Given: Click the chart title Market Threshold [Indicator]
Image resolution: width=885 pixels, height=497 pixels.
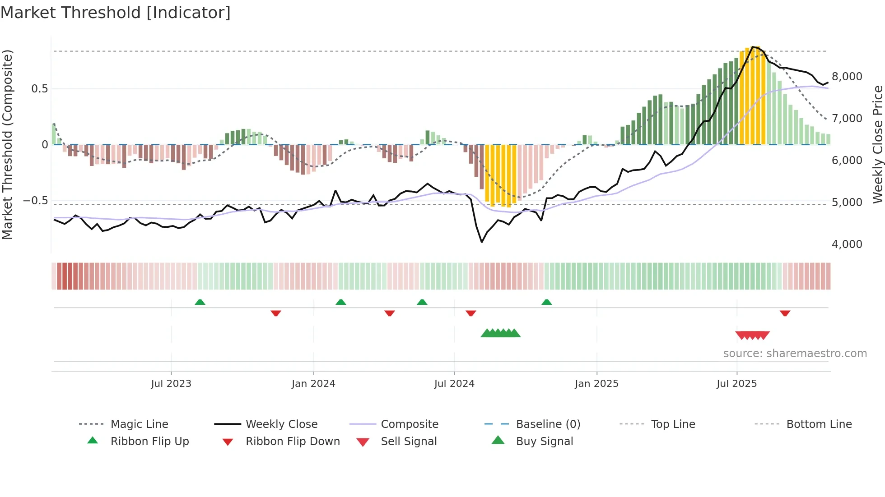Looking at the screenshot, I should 116,13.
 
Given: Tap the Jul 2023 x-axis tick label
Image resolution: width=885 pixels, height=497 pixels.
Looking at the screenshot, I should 171,384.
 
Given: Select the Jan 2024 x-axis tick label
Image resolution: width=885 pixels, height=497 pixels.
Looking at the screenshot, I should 313,384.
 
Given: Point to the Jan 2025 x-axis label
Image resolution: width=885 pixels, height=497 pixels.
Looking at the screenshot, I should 596,384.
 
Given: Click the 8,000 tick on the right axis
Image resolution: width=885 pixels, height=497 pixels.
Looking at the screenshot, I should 847,77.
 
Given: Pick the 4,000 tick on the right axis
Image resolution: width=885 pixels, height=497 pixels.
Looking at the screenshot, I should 847,244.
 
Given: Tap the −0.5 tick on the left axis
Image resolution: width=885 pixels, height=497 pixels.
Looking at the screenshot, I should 35,201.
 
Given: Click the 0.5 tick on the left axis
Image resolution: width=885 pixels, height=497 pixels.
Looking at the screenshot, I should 39,89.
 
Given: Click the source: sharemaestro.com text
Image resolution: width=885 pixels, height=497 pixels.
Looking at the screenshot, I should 795,354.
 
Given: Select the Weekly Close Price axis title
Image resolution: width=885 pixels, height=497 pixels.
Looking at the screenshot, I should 877,144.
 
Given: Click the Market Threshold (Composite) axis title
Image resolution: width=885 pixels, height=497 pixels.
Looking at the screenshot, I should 7,144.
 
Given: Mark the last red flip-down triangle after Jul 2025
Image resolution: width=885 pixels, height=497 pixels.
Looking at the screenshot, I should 785,313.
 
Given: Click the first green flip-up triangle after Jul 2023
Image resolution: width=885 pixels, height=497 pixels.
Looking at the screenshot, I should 200,302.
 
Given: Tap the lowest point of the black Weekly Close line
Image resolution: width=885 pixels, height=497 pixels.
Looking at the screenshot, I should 482,242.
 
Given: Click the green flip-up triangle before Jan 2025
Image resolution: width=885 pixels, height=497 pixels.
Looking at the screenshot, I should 546,302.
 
